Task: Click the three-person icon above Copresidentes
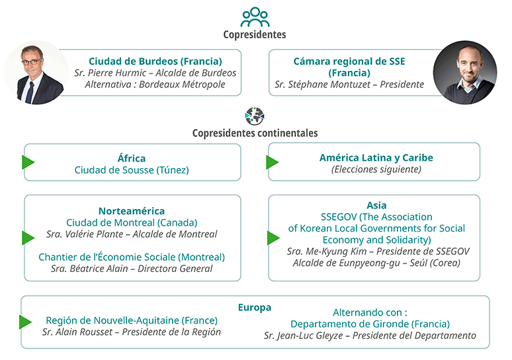(255, 17)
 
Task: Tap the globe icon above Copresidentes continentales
(255, 116)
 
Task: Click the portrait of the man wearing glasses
(36, 73)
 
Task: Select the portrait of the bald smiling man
(465, 73)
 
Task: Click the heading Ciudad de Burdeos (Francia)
(155, 61)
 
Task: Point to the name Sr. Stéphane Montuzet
(322, 84)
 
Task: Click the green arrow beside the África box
(28, 162)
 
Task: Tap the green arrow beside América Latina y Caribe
(273, 162)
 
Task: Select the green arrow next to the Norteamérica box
(28, 238)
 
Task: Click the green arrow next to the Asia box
(273, 238)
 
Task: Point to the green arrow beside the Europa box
(26, 322)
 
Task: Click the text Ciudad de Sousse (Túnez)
(132, 170)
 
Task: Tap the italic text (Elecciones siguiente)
(376, 169)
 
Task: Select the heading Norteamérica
(132, 211)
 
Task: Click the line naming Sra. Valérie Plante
(132, 234)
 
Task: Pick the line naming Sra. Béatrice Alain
(132, 269)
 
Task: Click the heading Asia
(376, 205)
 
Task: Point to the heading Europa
(255, 308)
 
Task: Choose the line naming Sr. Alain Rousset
(132, 332)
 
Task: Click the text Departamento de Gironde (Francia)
(370, 324)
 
